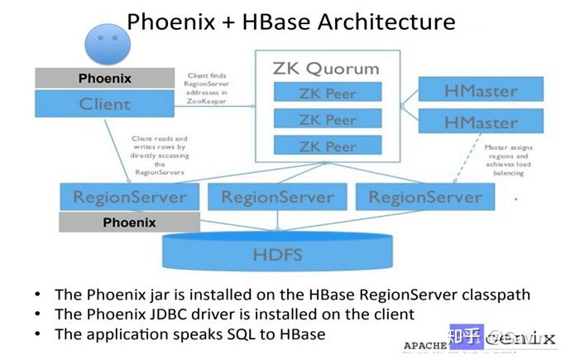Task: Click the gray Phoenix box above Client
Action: point(104,79)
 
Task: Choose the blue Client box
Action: point(104,104)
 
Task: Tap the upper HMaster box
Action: point(481,89)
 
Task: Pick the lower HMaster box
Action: point(481,122)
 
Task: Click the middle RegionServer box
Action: point(277,197)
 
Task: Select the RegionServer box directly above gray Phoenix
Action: point(129,197)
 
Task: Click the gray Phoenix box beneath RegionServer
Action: point(129,223)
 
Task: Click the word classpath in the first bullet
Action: point(491,294)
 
